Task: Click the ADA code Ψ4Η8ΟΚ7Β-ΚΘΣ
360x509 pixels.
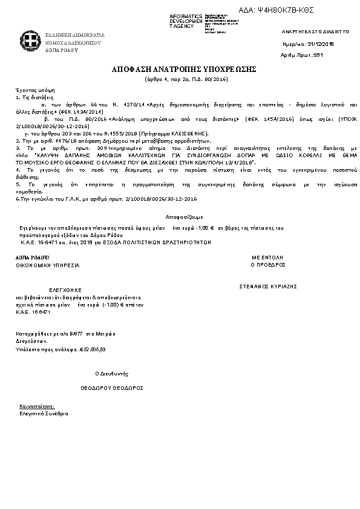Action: (x=293, y=10)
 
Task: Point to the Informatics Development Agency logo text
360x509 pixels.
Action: (x=186, y=21)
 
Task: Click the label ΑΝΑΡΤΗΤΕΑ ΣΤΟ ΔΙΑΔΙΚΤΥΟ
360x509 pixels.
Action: (x=315, y=31)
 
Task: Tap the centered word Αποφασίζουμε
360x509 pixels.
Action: (x=184, y=216)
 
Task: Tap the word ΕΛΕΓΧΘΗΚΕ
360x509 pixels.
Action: (x=65, y=290)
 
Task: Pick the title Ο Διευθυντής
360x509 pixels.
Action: (x=112, y=374)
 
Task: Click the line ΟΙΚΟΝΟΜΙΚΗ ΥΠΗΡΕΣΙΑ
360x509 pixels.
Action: (x=47, y=265)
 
